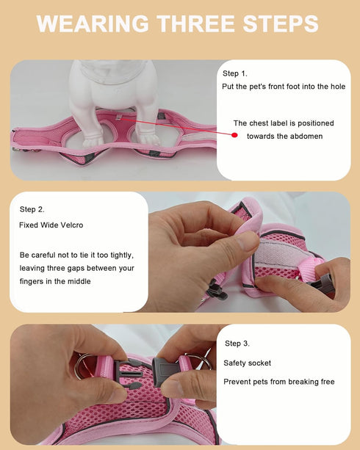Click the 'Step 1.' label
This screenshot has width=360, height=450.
pyautogui.click(x=235, y=73)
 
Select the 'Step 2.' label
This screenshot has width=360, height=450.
pyautogui.click(x=32, y=209)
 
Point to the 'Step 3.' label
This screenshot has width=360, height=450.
pyautogui.click(x=237, y=344)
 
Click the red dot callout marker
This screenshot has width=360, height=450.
pyautogui.click(x=235, y=135)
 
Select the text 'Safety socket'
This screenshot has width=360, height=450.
pyautogui.click(x=247, y=363)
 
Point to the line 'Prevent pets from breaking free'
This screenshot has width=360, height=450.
pyautogui.click(x=278, y=381)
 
